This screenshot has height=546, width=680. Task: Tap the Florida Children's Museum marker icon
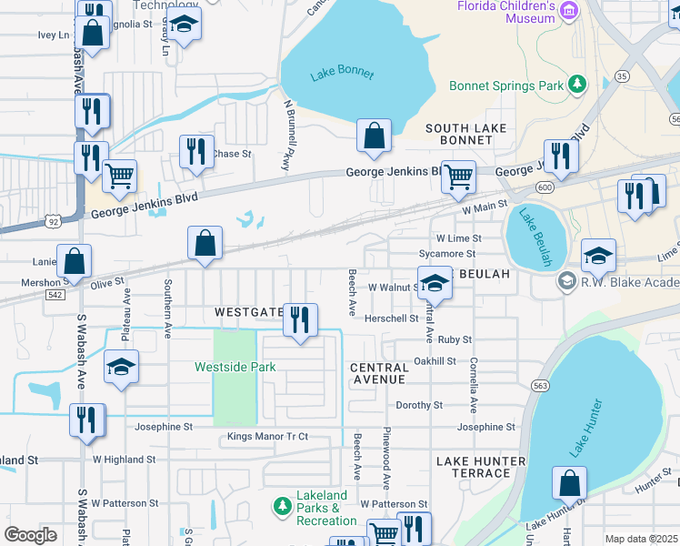[x=569, y=11]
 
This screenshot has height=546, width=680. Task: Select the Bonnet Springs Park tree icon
[x=576, y=86]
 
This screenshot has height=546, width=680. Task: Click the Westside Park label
[x=235, y=367]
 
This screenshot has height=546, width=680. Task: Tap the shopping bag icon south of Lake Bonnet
[x=374, y=136]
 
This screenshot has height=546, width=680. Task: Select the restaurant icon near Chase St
[x=196, y=151]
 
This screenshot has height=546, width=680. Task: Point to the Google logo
[x=30, y=535]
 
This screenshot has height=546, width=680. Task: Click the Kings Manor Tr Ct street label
[x=267, y=437]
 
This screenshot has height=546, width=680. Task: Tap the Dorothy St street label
[x=418, y=405]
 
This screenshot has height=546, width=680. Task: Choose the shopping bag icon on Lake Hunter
[x=569, y=485]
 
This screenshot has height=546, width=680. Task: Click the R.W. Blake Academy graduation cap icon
[x=568, y=281]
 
